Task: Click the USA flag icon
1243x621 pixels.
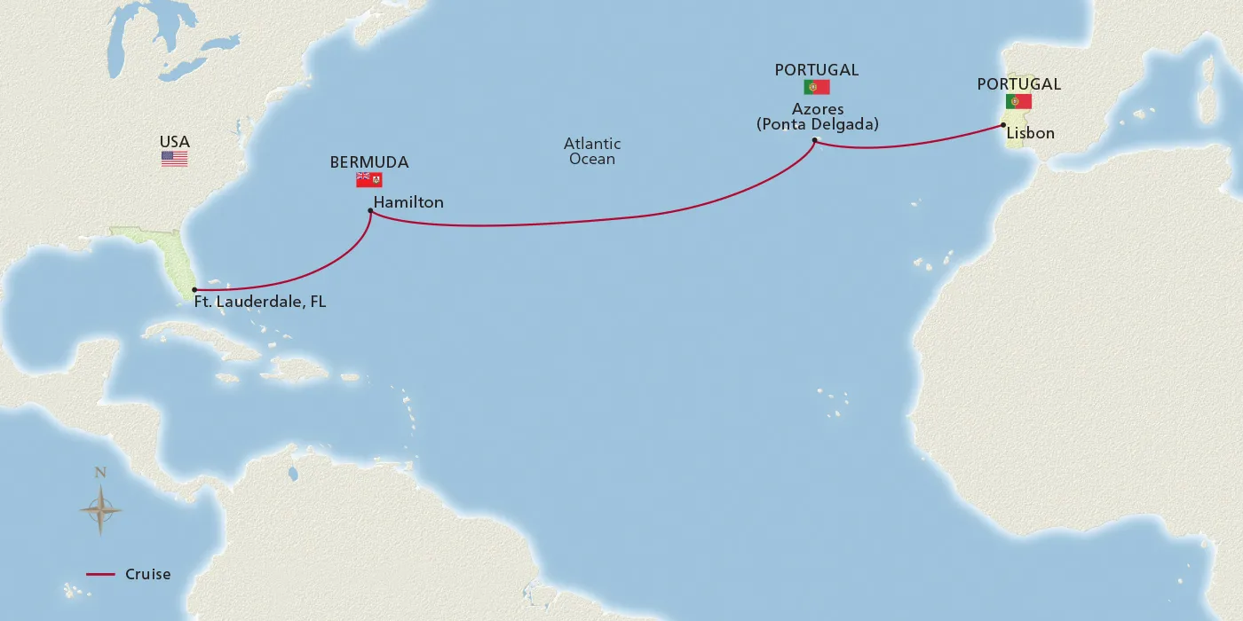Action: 174,159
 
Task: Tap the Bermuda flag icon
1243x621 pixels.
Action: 368,180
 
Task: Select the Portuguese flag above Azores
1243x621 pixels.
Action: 816,87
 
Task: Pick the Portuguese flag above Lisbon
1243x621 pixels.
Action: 1018,101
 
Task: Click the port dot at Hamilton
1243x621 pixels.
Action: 369,210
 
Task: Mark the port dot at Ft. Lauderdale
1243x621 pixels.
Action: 194,290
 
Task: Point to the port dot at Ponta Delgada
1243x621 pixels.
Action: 814,140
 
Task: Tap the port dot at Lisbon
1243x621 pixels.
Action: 1003,125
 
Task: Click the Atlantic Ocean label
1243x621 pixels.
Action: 592,151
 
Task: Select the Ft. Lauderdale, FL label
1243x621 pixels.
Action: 260,303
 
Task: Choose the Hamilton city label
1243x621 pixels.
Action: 408,202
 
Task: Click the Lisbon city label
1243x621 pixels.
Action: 1031,133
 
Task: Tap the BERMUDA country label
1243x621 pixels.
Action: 369,162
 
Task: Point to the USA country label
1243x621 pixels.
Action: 174,142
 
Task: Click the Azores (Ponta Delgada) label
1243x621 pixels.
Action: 817,117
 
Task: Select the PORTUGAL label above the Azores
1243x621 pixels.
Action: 816,70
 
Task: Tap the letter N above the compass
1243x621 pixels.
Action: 100,473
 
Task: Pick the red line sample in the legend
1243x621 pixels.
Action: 100,575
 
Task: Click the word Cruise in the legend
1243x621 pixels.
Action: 147,574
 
